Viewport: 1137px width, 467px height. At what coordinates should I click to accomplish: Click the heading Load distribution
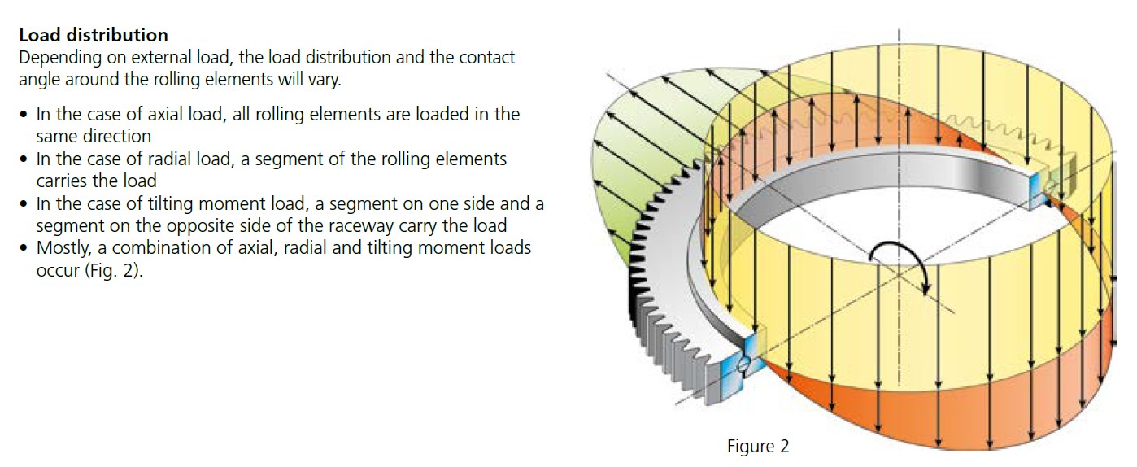pos(94,36)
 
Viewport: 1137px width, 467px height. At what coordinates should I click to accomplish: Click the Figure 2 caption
pos(757,447)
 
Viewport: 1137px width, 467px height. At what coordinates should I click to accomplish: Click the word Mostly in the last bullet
pos(62,248)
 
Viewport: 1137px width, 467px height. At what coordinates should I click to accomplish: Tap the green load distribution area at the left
pos(643,163)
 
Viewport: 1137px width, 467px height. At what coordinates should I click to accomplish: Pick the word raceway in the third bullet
pos(320,226)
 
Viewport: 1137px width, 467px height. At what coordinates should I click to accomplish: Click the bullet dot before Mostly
pos(24,248)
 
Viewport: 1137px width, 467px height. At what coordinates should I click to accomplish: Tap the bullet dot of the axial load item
pos(24,115)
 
